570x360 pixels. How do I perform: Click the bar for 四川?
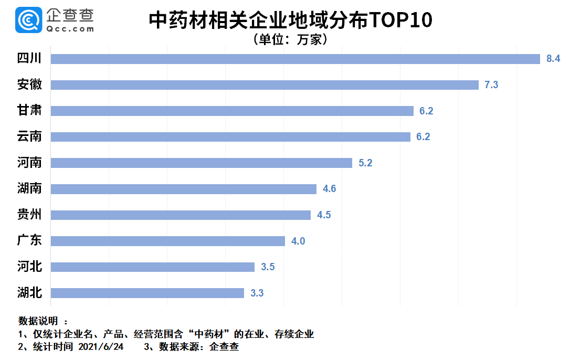coord(295,59)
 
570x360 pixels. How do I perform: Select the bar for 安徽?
coord(265,85)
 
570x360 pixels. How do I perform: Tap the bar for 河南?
coord(201,163)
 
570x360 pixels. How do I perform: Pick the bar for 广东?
coord(167,241)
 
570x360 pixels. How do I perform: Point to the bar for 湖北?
coord(147,293)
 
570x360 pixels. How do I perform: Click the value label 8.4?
coord(553,59)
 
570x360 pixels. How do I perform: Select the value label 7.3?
coord(491,85)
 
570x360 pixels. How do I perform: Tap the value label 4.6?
coord(329,189)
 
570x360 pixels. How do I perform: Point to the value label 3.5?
coord(268,267)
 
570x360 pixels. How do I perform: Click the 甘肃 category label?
coord(29,111)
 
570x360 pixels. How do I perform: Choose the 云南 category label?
coord(29,137)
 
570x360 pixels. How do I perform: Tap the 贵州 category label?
coord(29,215)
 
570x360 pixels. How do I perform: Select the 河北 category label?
coord(29,267)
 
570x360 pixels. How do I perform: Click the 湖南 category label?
coord(29,189)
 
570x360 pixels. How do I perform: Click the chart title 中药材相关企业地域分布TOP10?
coord(290,20)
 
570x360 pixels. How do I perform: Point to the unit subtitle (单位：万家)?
coord(290,39)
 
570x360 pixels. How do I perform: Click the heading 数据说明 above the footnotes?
coord(38,321)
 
